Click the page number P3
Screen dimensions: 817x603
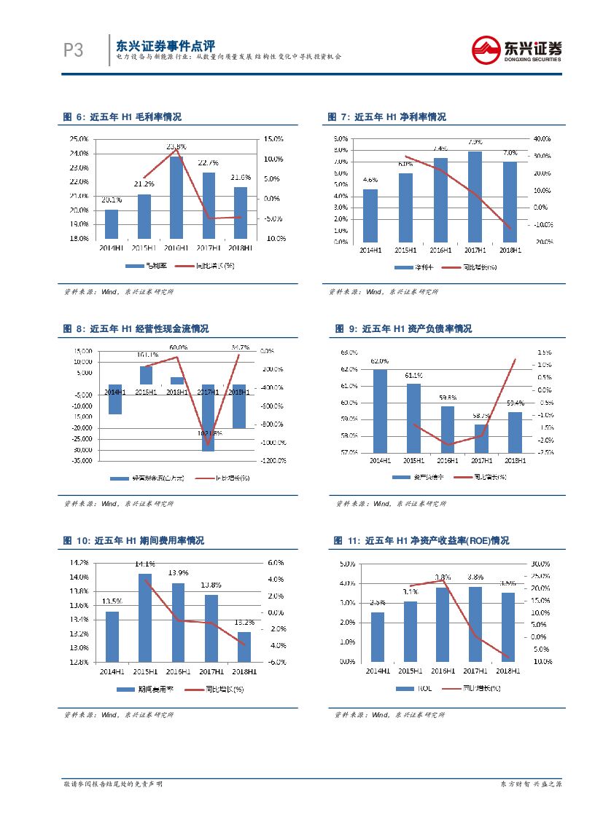74,50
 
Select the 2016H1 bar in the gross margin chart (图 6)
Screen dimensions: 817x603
176,197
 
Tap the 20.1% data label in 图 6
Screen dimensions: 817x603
112,200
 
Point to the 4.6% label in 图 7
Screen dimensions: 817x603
370,179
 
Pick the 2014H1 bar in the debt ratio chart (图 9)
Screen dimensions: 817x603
380,411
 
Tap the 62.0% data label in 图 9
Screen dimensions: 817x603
380,361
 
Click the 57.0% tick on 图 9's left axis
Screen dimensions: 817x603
349,452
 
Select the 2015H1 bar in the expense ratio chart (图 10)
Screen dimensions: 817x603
144,617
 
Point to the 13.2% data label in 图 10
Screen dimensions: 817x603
244,623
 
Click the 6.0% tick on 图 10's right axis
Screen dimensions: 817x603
275,563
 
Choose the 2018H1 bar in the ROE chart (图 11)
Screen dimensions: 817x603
508,627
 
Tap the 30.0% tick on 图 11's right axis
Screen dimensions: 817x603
540,564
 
